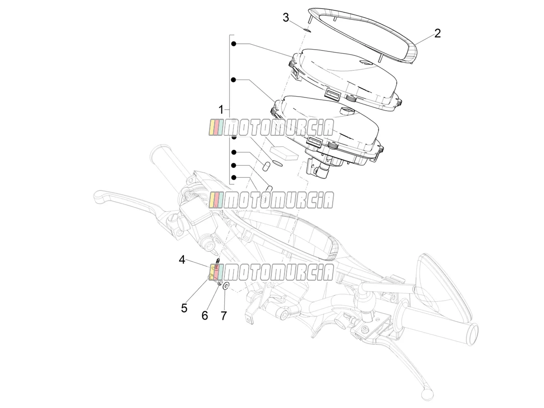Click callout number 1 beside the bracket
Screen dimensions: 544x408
221,110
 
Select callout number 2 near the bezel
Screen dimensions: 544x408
437,34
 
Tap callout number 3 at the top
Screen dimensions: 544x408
286,18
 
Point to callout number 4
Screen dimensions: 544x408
182,260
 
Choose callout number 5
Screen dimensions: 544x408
184,308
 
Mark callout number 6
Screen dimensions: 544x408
205,315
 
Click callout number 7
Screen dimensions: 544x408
223,315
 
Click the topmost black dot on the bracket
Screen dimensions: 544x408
233,44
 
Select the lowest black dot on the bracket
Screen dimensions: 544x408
233,177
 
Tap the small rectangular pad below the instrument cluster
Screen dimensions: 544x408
284,153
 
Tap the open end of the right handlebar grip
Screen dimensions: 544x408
472,334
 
